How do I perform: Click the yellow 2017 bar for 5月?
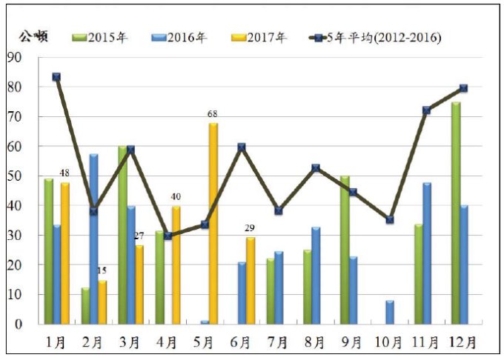click(213, 224)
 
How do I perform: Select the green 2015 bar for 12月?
click(457, 213)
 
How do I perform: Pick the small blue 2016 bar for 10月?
click(391, 312)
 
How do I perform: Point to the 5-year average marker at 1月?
click(56, 76)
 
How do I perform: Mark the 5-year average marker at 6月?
click(242, 147)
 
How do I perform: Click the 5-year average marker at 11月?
click(427, 110)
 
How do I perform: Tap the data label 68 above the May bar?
click(213, 114)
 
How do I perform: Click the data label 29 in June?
click(251, 228)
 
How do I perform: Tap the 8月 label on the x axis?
click(315, 342)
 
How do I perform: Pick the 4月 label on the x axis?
click(168, 342)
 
